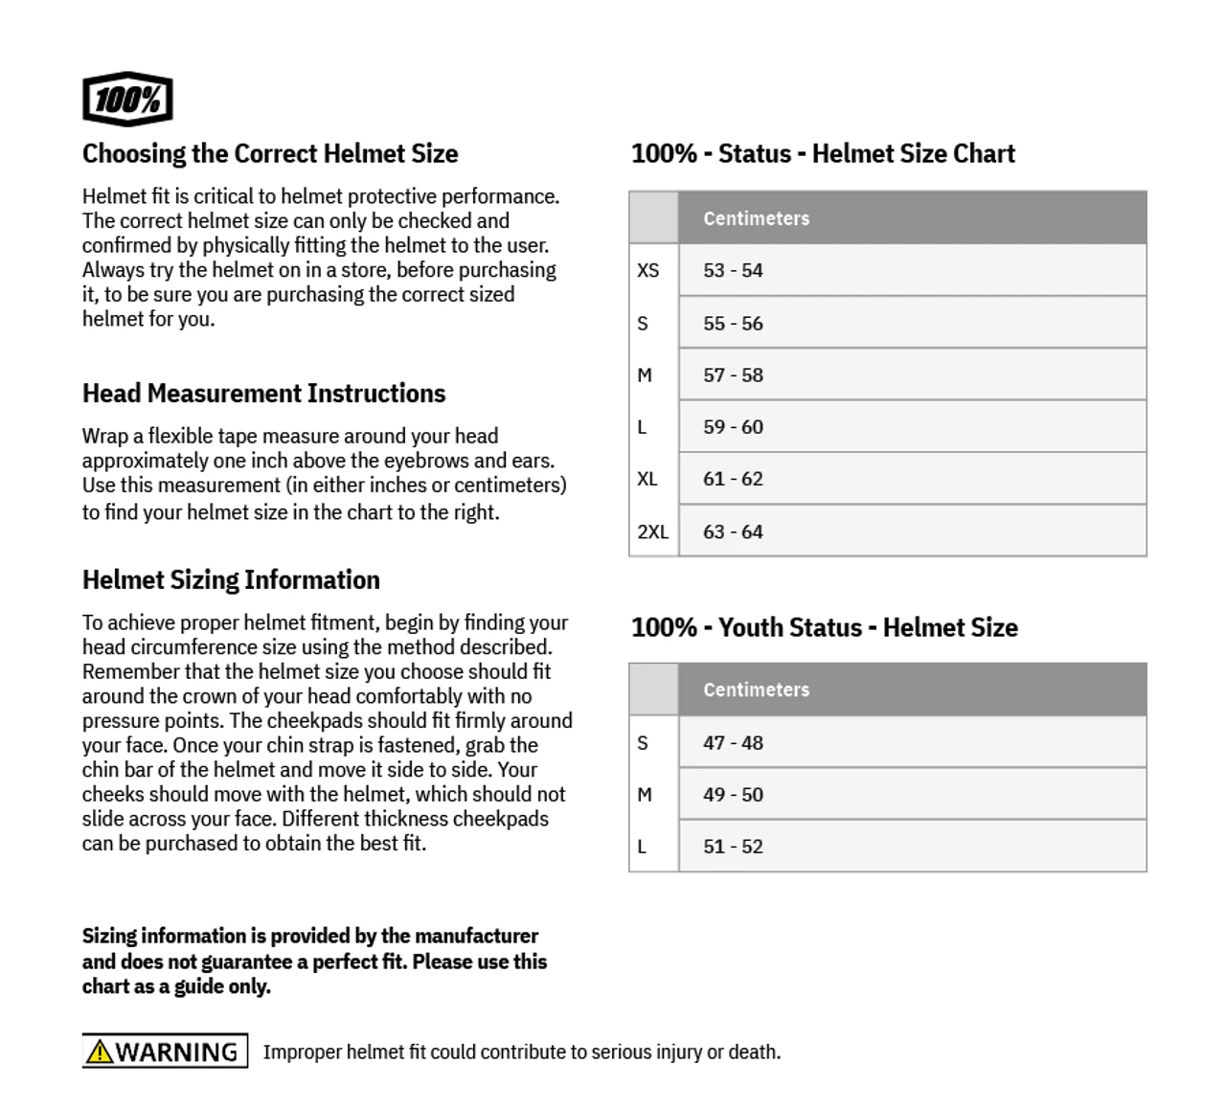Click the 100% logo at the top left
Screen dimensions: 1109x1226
click(x=127, y=100)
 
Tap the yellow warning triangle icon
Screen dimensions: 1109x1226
click(x=99, y=1052)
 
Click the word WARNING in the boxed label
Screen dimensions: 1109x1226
click(x=177, y=1052)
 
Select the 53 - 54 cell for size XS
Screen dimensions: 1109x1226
click(x=733, y=270)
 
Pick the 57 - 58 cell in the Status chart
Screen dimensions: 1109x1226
click(x=733, y=374)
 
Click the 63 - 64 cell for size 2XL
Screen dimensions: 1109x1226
click(x=733, y=532)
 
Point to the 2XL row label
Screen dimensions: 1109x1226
click(x=653, y=532)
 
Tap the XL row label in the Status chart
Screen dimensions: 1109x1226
click(x=647, y=479)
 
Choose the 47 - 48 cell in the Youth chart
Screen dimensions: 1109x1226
click(x=733, y=742)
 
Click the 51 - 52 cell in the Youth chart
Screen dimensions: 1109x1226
click(x=733, y=847)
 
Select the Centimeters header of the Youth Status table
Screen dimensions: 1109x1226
click(x=756, y=690)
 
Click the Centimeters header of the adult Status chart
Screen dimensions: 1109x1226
click(x=756, y=218)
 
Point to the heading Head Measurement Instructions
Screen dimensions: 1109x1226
click(x=263, y=394)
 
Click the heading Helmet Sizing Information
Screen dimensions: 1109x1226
click(x=231, y=580)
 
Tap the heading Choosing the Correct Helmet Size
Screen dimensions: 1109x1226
click(x=270, y=153)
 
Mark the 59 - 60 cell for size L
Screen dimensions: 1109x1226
click(x=733, y=427)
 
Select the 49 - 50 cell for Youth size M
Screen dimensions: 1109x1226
click(x=733, y=794)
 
